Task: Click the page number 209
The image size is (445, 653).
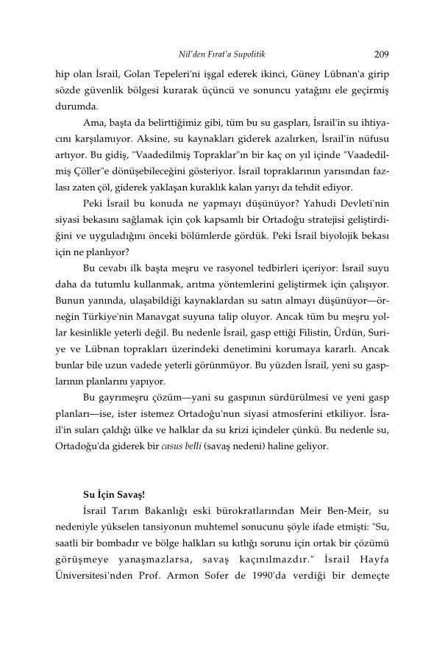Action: pyautogui.click(x=381, y=54)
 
